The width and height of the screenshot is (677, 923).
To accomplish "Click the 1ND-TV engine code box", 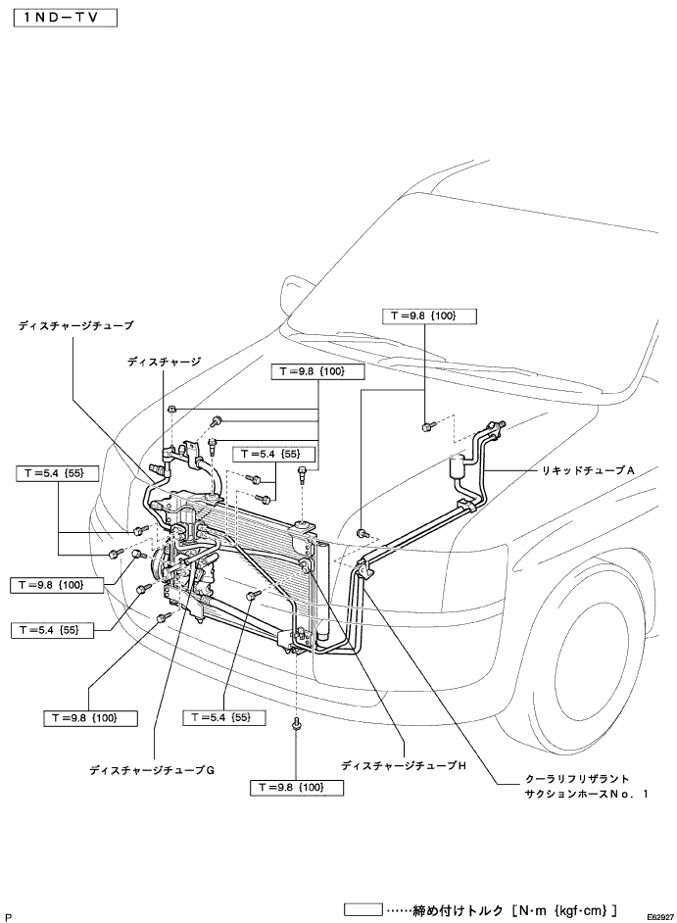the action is [65, 18].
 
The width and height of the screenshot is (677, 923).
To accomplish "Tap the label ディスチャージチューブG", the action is [152, 769].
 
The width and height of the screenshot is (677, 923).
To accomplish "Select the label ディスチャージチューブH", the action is [404, 766].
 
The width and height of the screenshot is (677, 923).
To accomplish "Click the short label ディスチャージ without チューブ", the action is [165, 362].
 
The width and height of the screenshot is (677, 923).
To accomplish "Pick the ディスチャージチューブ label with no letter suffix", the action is [76, 325].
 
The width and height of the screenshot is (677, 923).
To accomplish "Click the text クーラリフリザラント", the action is [577, 779].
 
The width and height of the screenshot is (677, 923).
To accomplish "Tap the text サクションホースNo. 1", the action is [586, 794].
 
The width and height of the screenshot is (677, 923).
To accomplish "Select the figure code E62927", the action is [660, 917].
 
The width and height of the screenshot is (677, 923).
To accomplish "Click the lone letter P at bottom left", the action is [8, 917].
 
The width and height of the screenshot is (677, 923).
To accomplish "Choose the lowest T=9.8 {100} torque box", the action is [296, 788].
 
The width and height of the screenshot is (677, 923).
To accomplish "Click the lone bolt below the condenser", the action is [296, 724].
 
